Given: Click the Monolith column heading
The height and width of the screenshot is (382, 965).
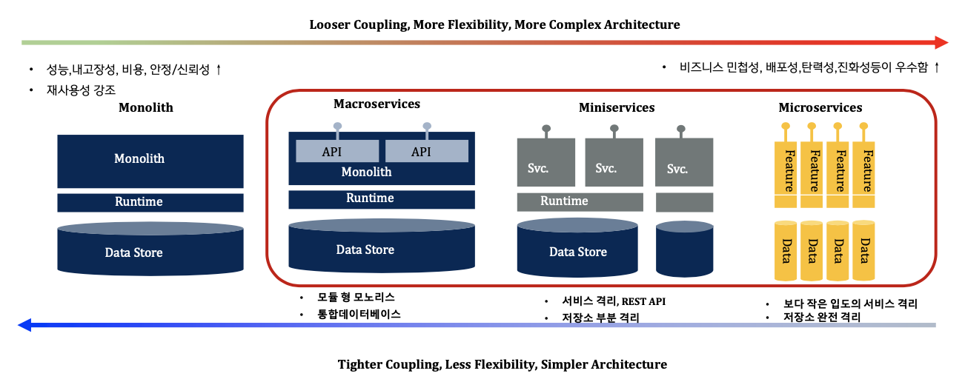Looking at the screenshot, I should click(x=146, y=107).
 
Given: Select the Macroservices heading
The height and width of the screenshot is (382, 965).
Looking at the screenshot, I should click(x=377, y=104).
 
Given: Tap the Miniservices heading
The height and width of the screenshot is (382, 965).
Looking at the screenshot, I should click(x=617, y=107).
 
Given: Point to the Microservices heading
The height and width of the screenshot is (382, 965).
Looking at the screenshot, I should click(x=820, y=107).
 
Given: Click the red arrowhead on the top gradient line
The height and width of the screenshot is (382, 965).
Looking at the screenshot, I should click(x=942, y=42).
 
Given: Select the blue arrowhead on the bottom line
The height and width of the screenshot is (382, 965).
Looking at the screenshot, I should click(x=24, y=324).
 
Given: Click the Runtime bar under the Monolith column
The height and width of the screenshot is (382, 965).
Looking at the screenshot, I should click(x=150, y=202).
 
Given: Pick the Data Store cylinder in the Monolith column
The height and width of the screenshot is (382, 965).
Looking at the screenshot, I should click(x=150, y=249).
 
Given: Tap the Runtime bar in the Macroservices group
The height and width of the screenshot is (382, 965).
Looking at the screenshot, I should click(x=382, y=199).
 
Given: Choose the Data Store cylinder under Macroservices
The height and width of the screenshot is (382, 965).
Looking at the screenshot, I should click(x=382, y=247).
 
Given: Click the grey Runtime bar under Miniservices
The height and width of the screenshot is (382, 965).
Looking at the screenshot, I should click(x=580, y=201).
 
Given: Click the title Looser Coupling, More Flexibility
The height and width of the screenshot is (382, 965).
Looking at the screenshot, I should click(x=494, y=25).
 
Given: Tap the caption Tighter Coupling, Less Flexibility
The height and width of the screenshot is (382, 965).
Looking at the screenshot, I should click(x=502, y=364).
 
